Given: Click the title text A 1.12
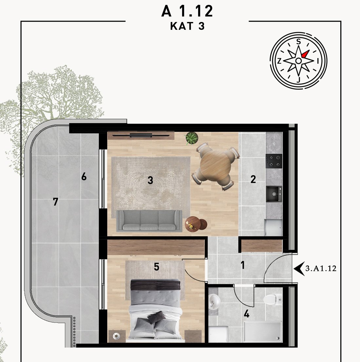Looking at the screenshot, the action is tap(187, 11).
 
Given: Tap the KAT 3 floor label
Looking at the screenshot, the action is tap(187, 26).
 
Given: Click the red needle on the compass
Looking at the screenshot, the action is tap(305, 54).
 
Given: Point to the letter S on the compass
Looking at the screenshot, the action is tap(298, 42).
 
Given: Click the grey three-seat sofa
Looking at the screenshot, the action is tap(149, 220).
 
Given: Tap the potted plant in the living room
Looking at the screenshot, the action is tap(192, 138).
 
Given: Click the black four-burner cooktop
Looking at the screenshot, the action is tap(274, 161).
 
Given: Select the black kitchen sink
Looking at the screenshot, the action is tap(274, 194).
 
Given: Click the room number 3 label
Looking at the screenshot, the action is tap(150, 180).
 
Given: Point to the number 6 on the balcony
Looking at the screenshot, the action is tap(84, 177).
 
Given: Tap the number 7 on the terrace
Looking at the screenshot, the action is tap(55, 202).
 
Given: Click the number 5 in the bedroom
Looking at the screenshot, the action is tap(157, 267).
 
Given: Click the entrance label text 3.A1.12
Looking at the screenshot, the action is tap(321, 269).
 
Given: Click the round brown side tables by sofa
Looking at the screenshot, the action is tap(196, 224).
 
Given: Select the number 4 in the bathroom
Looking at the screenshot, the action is tap(247, 314).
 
